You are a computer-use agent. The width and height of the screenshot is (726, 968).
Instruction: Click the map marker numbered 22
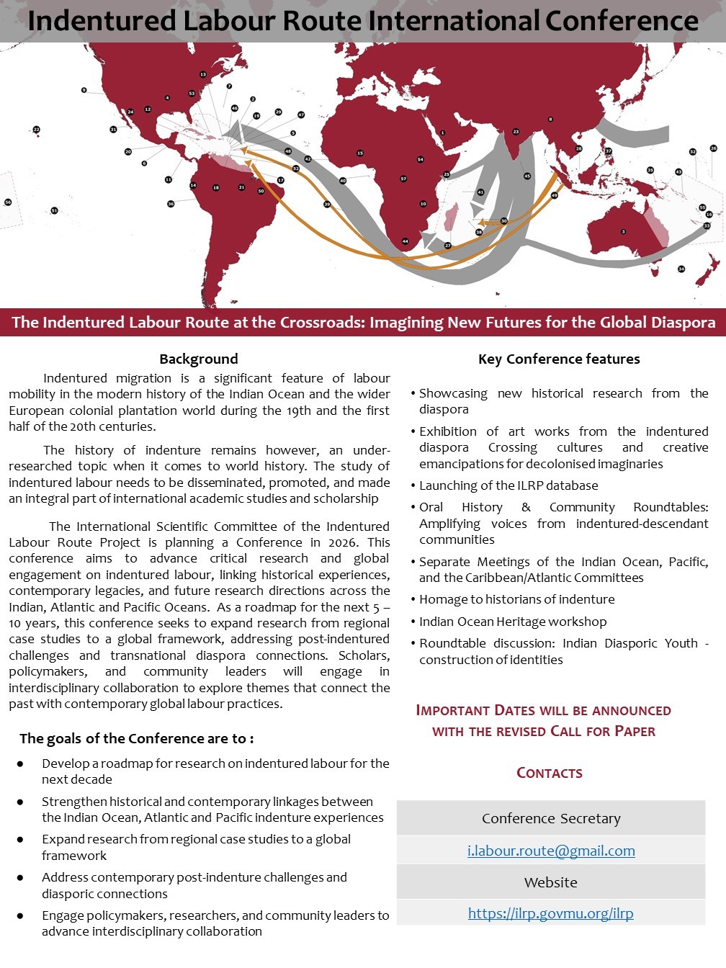pyautogui.click(x=37, y=130)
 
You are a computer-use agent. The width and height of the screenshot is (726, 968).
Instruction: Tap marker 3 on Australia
pyautogui.click(x=623, y=232)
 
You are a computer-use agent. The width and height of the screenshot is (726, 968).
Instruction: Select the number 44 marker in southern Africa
pyautogui.click(x=405, y=241)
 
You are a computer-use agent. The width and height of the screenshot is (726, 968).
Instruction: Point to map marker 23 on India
pyautogui.click(x=516, y=132)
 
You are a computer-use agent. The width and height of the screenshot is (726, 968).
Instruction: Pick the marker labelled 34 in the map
pyautogui.click(x=681, y=269)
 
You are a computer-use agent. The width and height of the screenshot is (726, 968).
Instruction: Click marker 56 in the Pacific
pyautogui.click(x=8, y=202)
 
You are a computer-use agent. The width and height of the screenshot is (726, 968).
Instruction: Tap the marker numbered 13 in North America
pyautogui.click(x=203, y=74)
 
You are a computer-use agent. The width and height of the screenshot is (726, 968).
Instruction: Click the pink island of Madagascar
pyautogui.click(x=452, y=216)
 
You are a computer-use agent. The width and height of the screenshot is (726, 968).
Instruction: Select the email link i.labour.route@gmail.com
pyautogui.click(x=551, y=851)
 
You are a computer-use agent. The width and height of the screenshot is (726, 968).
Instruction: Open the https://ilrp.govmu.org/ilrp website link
pyautogui.click(x=551, y=913)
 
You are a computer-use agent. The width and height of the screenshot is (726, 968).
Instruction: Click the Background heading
pyautogui.click(x=199, y=359)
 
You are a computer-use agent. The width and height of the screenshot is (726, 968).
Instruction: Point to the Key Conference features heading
pyautogui.click(x=559, y=359)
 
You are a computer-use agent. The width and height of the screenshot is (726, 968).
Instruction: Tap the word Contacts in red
pyautogui.click(x=550, y=773)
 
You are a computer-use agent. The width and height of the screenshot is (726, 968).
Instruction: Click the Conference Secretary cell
pyautogui.click(x=551, y=818)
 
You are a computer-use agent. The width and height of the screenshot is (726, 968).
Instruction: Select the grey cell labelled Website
pyautogui.click(x=551, y=882)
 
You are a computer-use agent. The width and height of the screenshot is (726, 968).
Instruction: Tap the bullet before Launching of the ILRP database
pyautogui.click(x=413, y=486)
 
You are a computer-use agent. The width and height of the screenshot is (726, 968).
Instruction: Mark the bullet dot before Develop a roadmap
pyautogui.click(x=20, y=763)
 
